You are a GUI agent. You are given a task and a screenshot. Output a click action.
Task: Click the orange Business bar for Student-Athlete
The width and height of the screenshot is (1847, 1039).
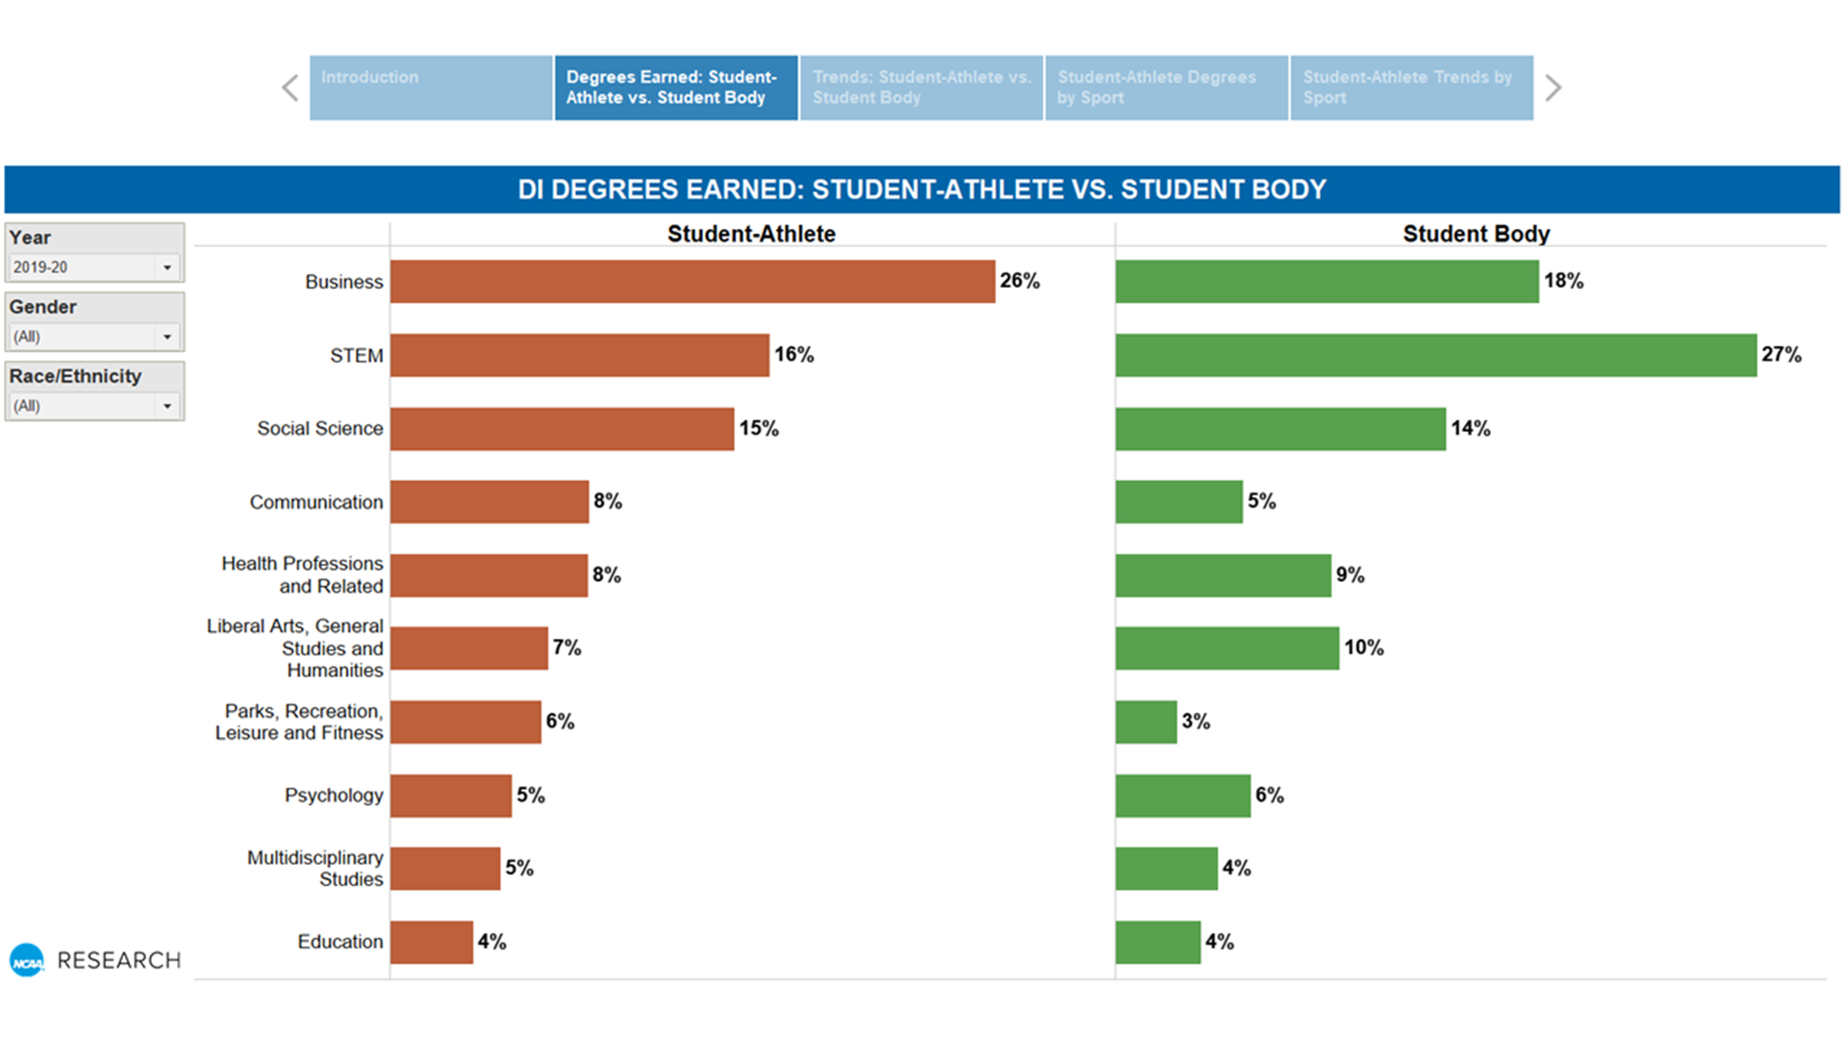click(693, 281)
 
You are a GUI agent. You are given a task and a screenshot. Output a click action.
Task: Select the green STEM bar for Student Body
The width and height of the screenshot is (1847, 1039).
click(1435, 355)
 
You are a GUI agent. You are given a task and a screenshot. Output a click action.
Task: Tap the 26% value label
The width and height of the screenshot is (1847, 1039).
click(1020, 281)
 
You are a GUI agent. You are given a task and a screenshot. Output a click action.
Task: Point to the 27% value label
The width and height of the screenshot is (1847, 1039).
click(1781, 355)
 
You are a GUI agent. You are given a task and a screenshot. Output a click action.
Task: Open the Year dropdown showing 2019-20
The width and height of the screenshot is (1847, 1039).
click(93, 267)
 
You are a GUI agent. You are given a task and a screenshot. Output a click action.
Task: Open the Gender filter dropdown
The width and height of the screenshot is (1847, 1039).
click(93, 337)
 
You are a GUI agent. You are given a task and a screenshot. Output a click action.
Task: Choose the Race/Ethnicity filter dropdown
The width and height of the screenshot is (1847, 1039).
click(93, 406)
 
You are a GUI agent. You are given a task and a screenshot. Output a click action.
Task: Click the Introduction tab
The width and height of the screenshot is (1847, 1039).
click(431, 88)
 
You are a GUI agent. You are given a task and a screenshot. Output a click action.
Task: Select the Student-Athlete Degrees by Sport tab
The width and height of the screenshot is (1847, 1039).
click(1166, 88)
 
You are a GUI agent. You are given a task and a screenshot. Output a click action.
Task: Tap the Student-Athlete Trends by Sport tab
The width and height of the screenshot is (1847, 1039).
click(1411, 88)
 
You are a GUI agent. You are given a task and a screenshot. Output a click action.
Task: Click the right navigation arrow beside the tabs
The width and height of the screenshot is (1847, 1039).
click(1553, 88)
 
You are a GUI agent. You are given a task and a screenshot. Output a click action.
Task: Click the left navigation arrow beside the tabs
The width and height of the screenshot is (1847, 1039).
click(290, 88)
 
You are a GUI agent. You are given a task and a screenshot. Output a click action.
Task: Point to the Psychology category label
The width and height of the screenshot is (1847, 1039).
click(333, 796)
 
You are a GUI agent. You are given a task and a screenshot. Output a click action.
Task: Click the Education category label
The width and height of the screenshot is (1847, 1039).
click(340, 942)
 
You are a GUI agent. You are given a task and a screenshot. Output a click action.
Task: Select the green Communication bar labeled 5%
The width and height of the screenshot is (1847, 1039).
click(1178, 502)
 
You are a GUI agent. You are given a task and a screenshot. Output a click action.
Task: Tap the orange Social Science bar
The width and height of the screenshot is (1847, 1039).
click(562, 429)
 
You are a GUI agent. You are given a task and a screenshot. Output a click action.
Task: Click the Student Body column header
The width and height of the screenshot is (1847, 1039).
click(1476, 234)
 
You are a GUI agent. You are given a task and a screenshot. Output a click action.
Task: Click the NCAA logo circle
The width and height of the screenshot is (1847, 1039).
click(27, 960)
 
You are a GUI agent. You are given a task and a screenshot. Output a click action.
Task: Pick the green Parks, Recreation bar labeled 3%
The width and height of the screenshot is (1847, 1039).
click(1146, 722)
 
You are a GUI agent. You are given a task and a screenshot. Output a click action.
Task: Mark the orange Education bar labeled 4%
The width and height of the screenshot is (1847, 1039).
click(431, 942)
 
